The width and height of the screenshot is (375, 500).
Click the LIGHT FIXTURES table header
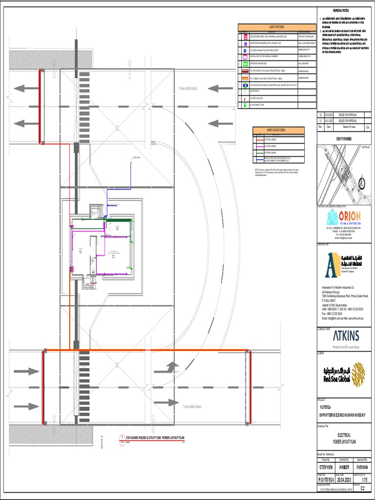click(x=276, y=27)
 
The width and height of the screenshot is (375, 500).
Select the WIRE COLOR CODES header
click(x=278, y=130)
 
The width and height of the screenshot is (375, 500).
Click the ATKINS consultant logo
click(x=346, y=336)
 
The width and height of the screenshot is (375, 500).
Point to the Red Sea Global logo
click(x=344, y=375)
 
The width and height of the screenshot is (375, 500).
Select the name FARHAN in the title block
click(x=362, y=467)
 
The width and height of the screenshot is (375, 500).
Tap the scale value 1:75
click(x=362, y=480)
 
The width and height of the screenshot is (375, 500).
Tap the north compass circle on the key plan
click(x=362, y=184)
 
